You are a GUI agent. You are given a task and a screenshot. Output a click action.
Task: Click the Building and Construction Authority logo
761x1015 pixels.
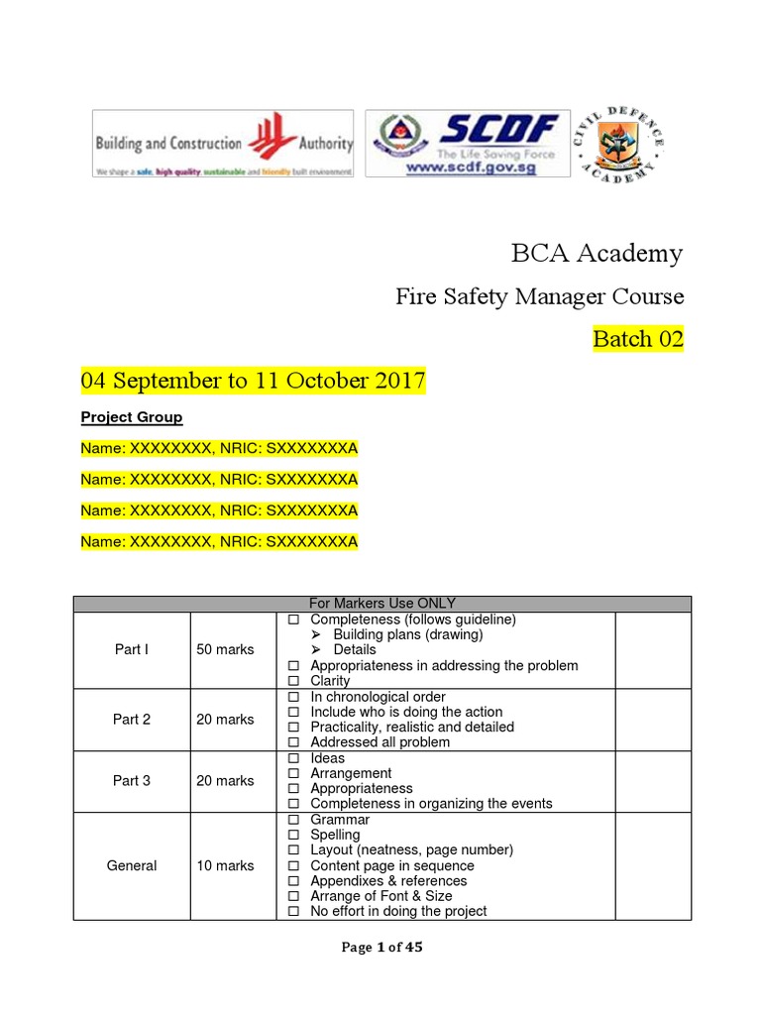coord(223,145)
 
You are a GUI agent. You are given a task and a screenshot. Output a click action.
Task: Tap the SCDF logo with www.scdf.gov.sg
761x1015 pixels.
coord(468,145)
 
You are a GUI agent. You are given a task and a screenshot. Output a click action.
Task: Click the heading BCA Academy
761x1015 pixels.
coord(597,254)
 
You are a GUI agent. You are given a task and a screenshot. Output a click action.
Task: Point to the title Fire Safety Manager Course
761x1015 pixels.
coord(539,296)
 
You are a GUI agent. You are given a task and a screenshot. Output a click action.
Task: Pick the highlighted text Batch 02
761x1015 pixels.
coord(638,339)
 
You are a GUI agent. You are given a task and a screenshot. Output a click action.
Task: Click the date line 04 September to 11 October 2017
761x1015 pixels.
coord(253,381)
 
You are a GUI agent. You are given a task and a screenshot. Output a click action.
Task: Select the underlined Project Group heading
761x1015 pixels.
coord(132,417)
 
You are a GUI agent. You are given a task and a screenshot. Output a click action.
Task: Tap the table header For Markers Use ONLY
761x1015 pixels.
coord(381,604)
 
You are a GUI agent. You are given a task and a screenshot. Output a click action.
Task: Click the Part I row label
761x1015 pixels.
coord(132,649)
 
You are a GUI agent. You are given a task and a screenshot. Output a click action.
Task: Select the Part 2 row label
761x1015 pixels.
coord(132,720)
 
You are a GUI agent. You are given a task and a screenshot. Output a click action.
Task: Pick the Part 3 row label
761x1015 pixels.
coord(132,781)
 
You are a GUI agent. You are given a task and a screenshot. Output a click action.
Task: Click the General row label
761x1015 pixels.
coord(132,865)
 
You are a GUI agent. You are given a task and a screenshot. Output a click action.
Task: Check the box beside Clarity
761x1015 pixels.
coord(293,682)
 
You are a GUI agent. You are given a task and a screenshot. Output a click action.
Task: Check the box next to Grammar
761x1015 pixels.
coord(293,821)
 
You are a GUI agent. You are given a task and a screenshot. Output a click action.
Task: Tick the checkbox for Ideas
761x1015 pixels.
coord(293,759)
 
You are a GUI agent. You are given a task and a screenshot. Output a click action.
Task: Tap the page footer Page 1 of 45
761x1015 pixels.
coord(381,948)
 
